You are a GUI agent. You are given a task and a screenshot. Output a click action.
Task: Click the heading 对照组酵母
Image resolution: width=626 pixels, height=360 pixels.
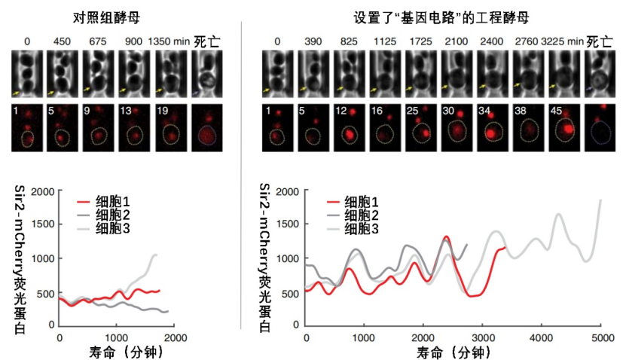[106, 17]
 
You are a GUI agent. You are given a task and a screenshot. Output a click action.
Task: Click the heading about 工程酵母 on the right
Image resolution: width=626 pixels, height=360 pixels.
[441, 17]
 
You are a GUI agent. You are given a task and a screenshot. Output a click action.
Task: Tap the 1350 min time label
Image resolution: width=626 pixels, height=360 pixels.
[169, 41]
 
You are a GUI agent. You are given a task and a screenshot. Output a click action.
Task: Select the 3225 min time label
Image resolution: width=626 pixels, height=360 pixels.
[562, 41]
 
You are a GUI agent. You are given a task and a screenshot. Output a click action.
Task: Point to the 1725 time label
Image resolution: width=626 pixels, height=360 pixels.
[420, 41]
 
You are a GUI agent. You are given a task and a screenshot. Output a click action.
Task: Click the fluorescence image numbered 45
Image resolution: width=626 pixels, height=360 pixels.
[564, 128]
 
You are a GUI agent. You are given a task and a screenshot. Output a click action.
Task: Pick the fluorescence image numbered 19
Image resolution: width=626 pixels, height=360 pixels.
[171, 128]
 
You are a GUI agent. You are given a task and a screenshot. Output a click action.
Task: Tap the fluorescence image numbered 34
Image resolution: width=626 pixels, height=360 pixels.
[493, 128]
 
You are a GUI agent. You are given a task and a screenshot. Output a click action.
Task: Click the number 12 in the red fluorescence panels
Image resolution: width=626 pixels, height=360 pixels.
[341, 111]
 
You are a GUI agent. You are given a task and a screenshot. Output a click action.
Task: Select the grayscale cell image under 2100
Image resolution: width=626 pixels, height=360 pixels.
[457, 74]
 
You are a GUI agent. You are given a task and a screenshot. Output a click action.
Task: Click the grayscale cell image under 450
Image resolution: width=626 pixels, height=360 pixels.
[63, 74]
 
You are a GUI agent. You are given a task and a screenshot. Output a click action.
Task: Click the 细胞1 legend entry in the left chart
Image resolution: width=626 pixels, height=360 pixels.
[103, 202]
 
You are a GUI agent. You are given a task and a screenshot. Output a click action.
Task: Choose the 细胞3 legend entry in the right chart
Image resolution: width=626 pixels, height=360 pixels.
[353, 229]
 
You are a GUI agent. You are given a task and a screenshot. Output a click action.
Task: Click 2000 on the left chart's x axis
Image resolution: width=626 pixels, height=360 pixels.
[176, 338]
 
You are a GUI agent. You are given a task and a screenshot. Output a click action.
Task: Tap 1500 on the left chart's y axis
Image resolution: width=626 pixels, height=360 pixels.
[43, 224]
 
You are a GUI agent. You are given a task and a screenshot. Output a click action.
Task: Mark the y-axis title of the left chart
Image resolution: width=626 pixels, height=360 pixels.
[20, 259]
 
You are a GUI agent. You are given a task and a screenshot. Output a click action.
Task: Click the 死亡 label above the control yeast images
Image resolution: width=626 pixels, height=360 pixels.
[207, 41]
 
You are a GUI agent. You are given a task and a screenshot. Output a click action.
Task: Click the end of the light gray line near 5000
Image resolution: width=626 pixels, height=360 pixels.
[601, 200]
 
